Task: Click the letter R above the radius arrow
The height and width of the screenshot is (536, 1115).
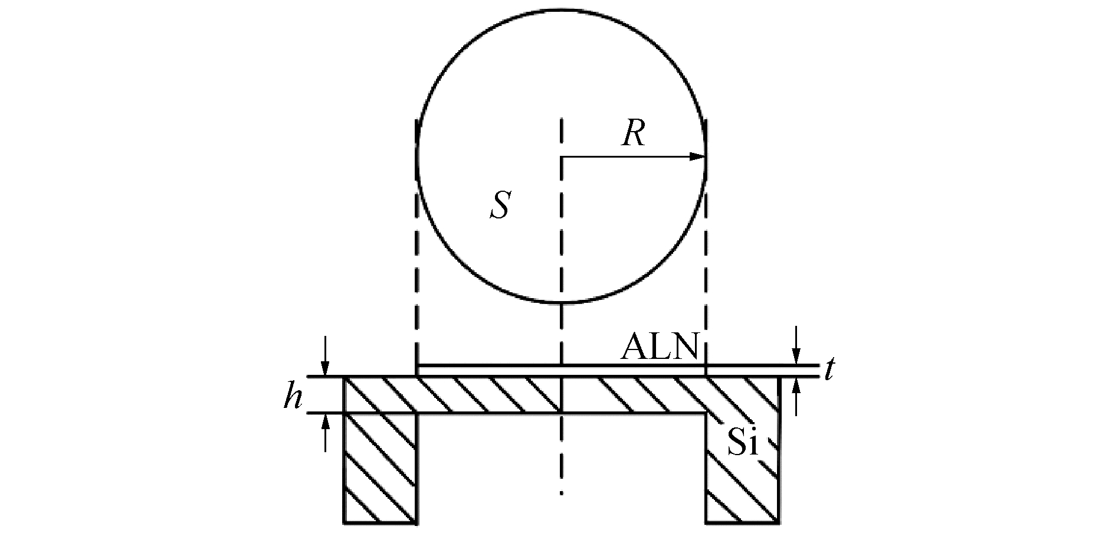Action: (633, 133)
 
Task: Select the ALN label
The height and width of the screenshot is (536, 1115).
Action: (660, 348)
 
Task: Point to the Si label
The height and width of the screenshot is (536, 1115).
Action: (742, 442)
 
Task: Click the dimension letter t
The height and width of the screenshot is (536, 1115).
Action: (829, 370)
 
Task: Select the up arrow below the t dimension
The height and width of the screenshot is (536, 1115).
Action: (796, 389)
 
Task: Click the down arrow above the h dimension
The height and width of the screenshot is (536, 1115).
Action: (324, 364)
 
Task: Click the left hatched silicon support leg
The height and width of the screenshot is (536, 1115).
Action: (381, 466)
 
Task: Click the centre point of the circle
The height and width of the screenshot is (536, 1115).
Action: (562, 157)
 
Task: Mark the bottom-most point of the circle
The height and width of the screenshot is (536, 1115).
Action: (562, 303)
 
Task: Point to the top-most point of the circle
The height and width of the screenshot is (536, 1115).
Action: (562, 10)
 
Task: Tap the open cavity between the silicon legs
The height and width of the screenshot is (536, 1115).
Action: (562, 466)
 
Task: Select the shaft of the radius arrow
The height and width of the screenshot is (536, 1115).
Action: (625, 157)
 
